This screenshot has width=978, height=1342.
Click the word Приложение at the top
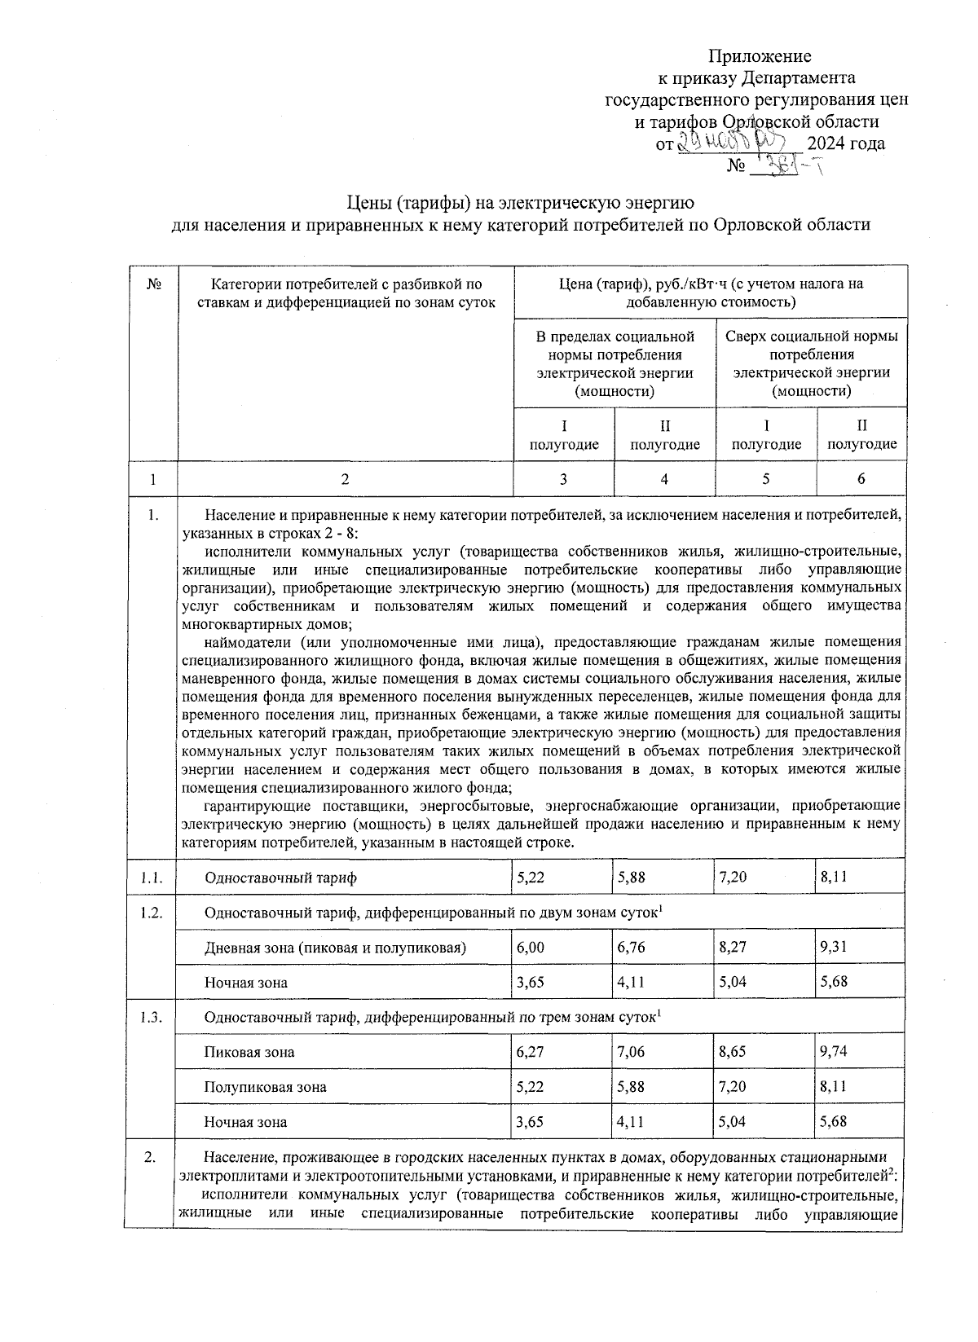760,56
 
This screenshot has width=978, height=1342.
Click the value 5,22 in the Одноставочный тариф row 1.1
531,878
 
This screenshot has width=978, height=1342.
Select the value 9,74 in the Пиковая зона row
834,1051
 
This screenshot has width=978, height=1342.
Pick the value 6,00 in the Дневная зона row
531,948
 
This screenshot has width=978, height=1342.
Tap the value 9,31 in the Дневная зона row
834,948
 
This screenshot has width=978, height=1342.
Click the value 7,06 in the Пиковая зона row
632,1051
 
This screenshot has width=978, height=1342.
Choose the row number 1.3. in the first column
151,1017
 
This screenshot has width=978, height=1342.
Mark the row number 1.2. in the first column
151,913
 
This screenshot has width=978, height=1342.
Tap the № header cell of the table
152,284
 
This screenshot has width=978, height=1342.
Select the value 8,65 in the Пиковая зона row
733,1051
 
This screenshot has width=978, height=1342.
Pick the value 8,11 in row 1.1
834,878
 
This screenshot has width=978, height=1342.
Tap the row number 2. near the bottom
150,1158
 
